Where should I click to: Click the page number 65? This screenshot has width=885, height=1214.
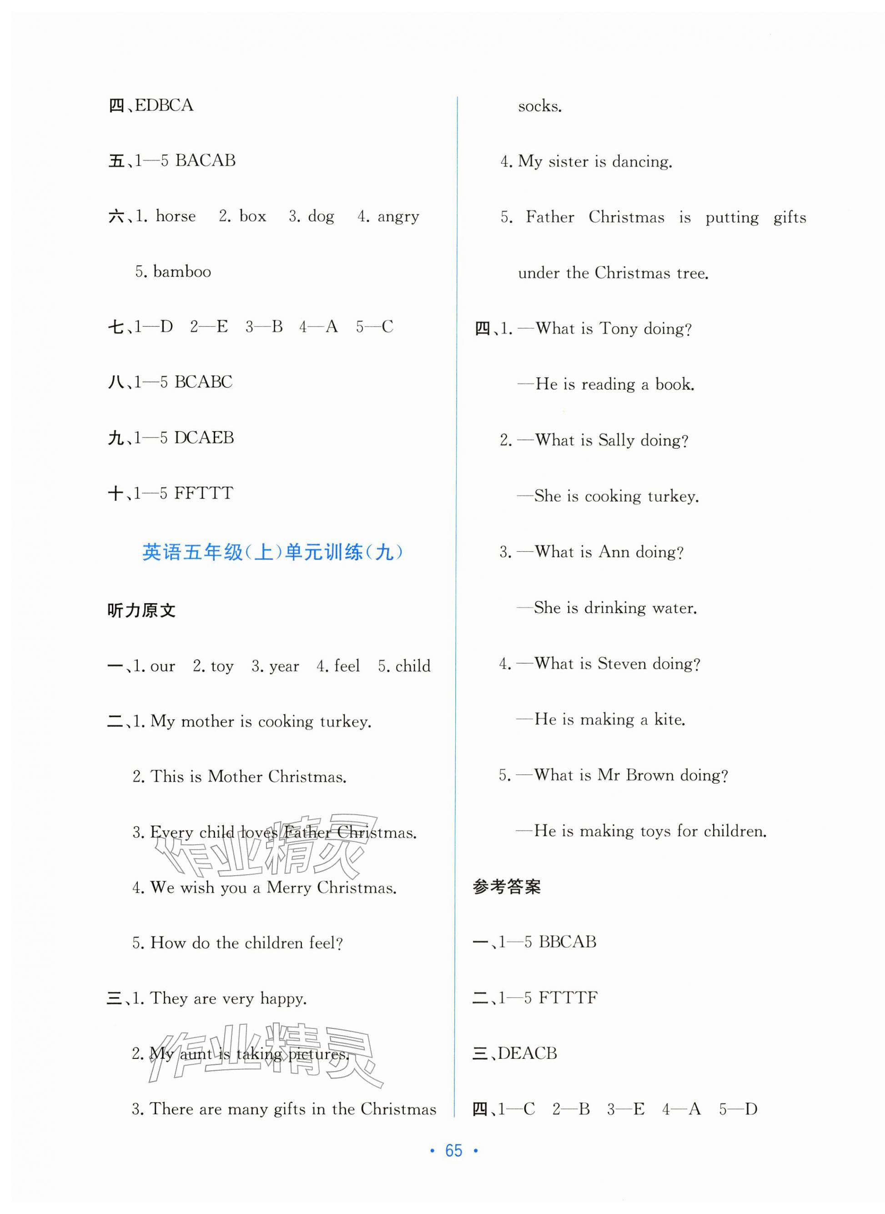[453, 1150]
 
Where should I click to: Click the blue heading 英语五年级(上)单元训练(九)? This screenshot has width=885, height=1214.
[272, 552]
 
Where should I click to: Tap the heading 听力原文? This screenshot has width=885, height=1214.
[141, 610]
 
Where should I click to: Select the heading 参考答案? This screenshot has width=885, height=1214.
[506, 887]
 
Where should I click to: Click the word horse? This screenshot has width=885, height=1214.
[175, 216]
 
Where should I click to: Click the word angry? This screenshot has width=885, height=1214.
[398, 217]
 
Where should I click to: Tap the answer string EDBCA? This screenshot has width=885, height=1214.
[164, 105]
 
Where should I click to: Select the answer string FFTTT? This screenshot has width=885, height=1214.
[204, 493]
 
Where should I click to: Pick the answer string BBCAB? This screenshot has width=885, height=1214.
[567, 942]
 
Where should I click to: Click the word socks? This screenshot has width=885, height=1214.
[539, 106]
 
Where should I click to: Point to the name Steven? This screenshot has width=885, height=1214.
[622, 664]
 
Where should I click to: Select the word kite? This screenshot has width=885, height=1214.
[669, 720]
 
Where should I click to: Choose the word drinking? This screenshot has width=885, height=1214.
[614, 608]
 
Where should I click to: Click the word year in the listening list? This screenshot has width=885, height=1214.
[284, 666]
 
